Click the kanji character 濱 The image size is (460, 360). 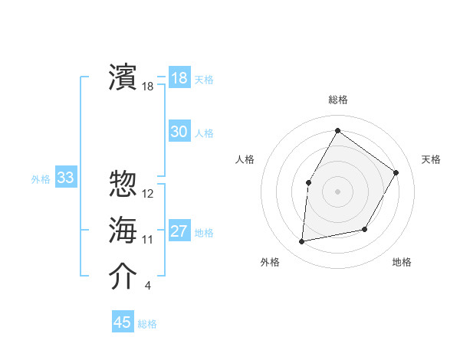click(x=123, y=77)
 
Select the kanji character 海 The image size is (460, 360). click(x=123, y=231)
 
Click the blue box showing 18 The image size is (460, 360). click(x=179, y=78)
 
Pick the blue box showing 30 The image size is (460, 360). click(x=179, y=132)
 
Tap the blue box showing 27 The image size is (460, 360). click(x=179, y=231)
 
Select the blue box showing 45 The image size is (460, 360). click(x=123, y=322)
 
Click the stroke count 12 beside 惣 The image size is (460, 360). click(x=148, y=194)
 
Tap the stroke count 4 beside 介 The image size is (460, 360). click(x=148, y=286)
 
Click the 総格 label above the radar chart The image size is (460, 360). click(x=337, y=100)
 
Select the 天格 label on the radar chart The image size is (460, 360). click(x=431, y=159)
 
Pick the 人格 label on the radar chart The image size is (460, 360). click(x=245, y=159)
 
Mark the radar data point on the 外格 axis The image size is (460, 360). click(x=302, y=242)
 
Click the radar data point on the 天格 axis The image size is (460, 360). click(x=396, y=172)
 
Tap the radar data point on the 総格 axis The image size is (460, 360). click(x=337, y=130)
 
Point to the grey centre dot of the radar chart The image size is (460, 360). click(x=337, y=191)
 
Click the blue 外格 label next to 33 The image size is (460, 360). click(x=41, y=179)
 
